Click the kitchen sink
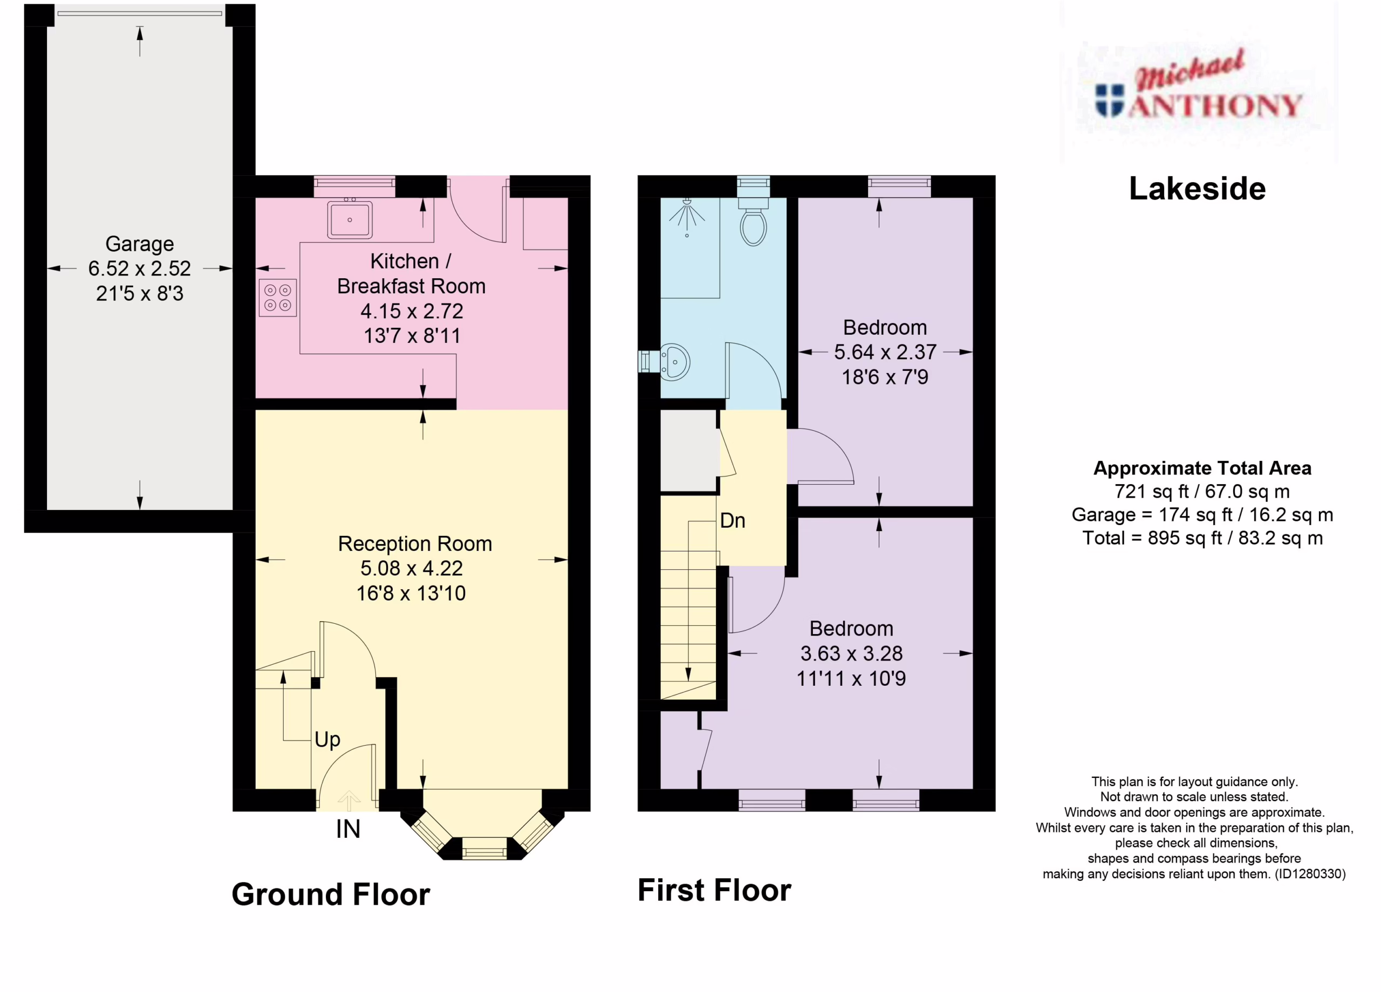tap(350, 219)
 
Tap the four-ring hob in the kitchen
tap(278, 298)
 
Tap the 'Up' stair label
tap(327, 740)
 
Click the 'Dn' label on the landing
tap(733, 520)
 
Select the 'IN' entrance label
tap(348, 829)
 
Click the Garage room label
tap(139, 244)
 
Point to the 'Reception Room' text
tap(415, 543)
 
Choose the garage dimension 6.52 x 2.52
tap(139, 268)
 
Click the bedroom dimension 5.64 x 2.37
tap(885, 352)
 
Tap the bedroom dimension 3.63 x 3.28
tap(851, 653)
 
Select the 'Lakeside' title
tap(1197, 189)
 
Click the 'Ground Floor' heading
tap(331, 894)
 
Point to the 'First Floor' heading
tap(714, 890)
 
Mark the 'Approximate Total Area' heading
tap(1202, 468)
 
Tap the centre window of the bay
tap(484, 848)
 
